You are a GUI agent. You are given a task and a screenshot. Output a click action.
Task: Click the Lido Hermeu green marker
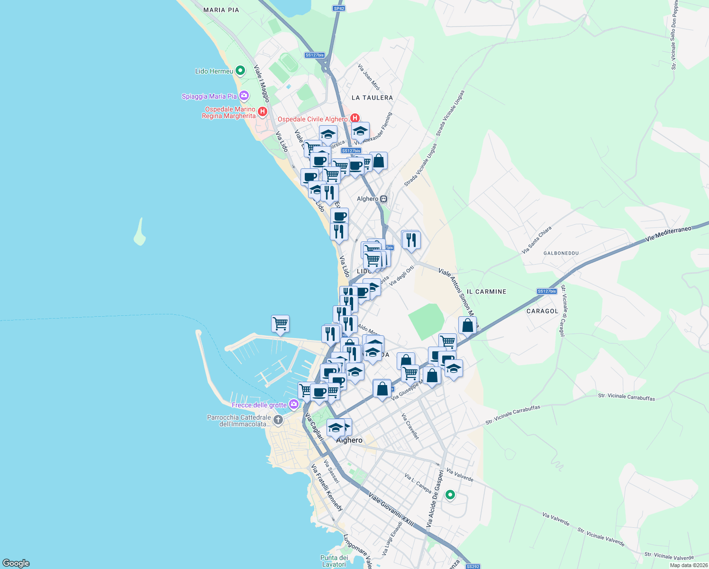pyautogui.click(x=240, y=71)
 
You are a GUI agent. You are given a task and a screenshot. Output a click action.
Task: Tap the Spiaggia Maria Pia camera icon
pyautogui.click(x=244, y=96)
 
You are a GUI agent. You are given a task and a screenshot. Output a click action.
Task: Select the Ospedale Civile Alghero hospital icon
pyautogui.click(x=354, y=118)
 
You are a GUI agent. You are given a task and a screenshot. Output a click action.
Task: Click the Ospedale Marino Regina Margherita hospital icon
pyautogui.click(x=263, y=112)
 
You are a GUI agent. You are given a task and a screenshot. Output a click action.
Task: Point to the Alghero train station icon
pyautogui.click(x=383, y=199)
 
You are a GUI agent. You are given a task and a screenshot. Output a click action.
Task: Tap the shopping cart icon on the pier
pyautogui.click(x=280, y=324)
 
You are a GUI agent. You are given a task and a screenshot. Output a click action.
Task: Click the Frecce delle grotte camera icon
pyautogui.click(x=294, y=404)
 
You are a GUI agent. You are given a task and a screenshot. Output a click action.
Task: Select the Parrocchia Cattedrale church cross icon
pyautogui.click(x=278, y=420)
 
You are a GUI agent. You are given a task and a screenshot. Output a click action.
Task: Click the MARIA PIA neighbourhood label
pyautogui.click(x=221, y=10)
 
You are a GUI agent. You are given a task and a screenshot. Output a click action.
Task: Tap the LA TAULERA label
pyautogui.click(x=372, y=98)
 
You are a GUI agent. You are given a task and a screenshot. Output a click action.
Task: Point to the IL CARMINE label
pyautogui.click(x=486, y=292)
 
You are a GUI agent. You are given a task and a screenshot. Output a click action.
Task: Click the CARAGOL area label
pyautogui.click(x=542, y=311)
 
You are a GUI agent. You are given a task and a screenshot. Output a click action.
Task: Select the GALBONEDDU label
pyautogui.click(x=561, y=253)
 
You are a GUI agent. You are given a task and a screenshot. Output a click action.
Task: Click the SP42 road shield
pyautogui.click(x=338, y=9)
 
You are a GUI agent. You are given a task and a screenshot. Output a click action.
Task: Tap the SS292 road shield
pyautogui.click(x=473, y=566)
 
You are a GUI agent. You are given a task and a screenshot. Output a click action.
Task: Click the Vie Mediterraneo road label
pyautogui.click(x=668, y=234)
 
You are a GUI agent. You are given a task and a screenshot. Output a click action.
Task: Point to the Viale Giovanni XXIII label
pyautogui.click(x=391, y=510)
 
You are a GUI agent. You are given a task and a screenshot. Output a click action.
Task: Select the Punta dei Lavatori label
pyautogui.click(x=334, y=561)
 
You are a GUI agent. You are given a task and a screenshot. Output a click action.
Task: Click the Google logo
pyautogui.click(x=16, y=563)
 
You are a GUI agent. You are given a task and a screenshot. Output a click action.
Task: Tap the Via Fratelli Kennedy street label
pyautogui.click(x=327, y=487)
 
